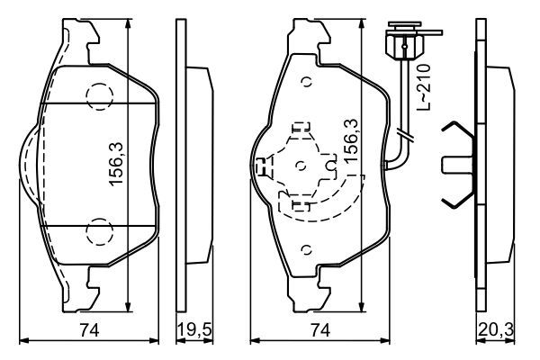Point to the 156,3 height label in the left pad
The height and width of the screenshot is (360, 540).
tap(116, 164)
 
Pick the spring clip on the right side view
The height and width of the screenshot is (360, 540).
tap(461, 164)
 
